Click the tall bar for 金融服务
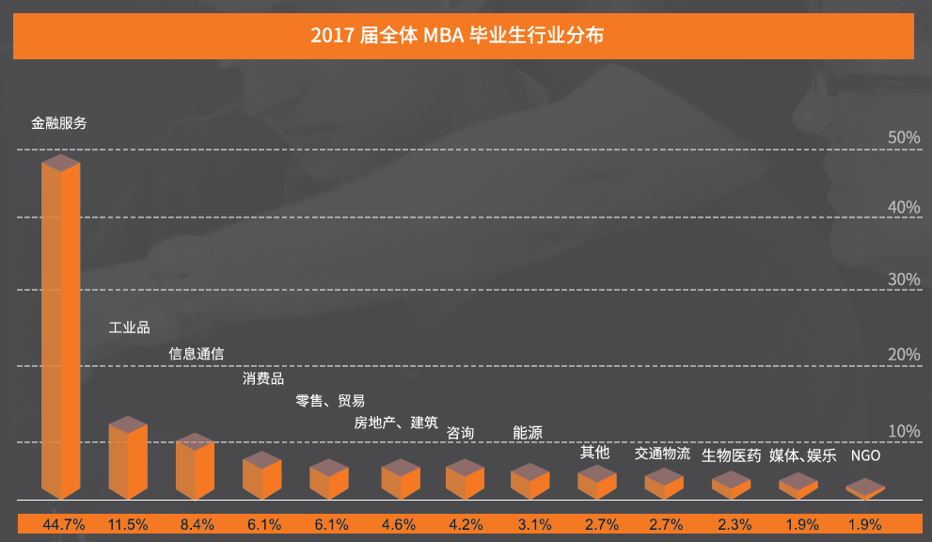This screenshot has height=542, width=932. [x=61, y=329]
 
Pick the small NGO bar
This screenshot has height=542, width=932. [x=865, y=488]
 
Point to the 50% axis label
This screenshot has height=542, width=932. [x=905, y=137]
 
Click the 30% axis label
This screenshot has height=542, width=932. [x=905, y=279]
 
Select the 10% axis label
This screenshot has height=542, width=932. [x=905, y=431]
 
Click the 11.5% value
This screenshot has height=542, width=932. [x=129, y=524]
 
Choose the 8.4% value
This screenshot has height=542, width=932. [x=195, y=524]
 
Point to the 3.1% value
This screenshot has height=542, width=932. [x=530, y=524]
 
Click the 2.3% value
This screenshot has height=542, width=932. [x=731, y=524]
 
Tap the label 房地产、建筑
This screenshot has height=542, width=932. [x=396, y=422]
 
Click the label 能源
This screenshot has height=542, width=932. [x=528, y=433]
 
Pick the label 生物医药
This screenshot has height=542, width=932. [x=731, y=456]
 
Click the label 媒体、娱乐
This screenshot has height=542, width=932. [x=802, y=456]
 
